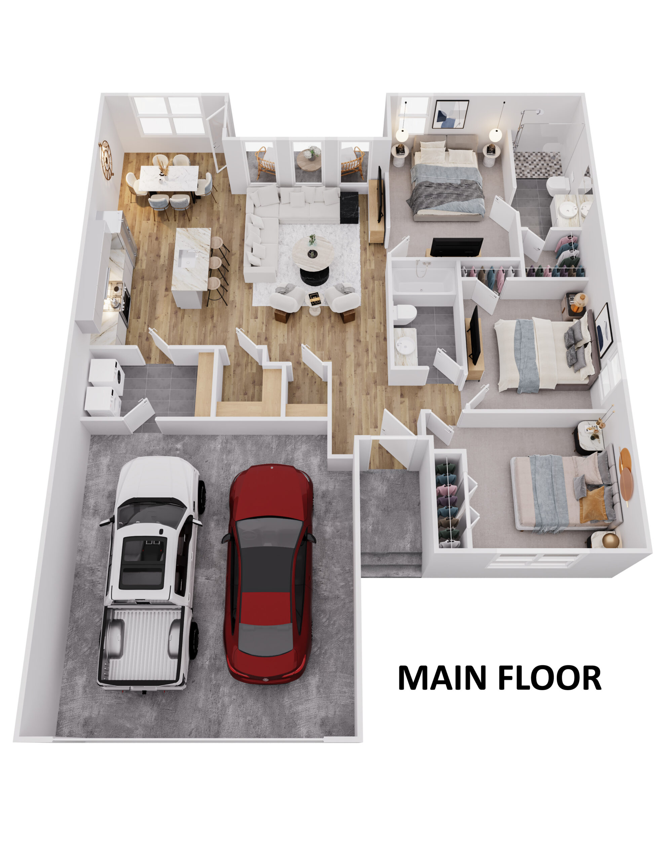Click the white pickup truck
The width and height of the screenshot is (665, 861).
point(151,572)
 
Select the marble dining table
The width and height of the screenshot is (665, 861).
point(169,178)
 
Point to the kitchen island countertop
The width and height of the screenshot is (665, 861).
point(191,258)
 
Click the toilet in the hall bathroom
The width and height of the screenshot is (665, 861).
point(405,314)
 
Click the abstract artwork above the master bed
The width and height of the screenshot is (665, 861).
point(451,114)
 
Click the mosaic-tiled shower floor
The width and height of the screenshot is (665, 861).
point(537,163)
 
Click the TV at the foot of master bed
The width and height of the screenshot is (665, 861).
point(457,247)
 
